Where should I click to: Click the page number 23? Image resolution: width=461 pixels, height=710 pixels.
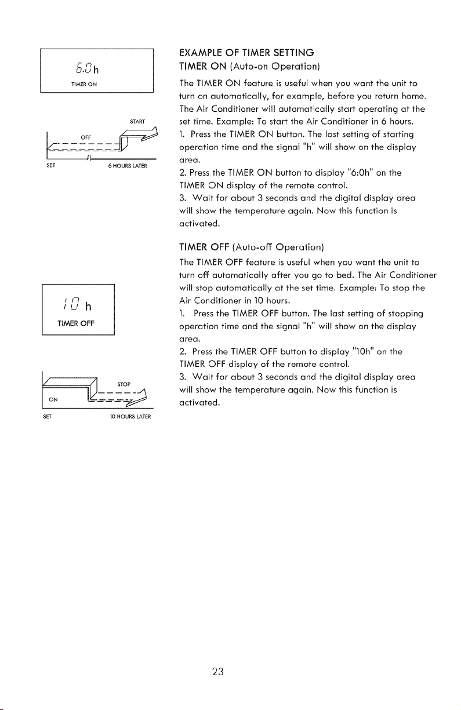218,672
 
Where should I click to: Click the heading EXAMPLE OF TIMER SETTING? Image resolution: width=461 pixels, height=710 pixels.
246,53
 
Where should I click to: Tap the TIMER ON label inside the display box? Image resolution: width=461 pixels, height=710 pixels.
84,84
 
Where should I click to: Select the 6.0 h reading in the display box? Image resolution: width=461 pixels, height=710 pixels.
87,68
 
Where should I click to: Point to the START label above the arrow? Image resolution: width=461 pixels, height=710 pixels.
137,121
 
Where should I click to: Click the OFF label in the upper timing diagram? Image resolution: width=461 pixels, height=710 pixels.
86,137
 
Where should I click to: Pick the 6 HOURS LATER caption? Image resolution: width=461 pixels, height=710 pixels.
128,166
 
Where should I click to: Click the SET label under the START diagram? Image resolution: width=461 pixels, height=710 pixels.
50,165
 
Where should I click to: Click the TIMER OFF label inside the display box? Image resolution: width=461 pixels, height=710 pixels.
76,323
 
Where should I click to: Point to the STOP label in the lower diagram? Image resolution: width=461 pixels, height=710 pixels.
124,384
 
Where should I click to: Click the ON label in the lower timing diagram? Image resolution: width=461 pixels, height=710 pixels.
53,399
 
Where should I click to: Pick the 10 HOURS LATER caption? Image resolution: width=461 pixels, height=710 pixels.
130,417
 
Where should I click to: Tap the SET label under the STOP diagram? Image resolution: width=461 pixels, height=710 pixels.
47,417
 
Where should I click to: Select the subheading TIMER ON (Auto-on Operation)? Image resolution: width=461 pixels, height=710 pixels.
249,67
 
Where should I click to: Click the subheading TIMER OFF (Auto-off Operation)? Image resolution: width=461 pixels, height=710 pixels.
252,247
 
